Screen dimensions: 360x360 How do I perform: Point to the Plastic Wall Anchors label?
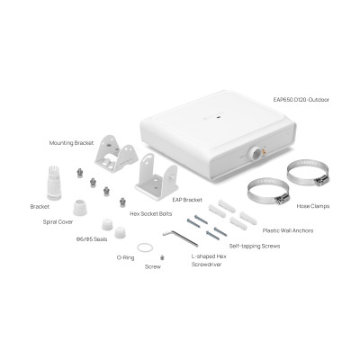pyautogui.click(x=286, y=229)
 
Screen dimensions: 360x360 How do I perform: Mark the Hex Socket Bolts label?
pyautogui.click(x=150, y=214)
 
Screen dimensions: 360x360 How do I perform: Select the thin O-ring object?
pyautogui.click(x=142, y=247)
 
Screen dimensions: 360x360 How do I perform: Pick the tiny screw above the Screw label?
pyautogui.click(x=161, y=257)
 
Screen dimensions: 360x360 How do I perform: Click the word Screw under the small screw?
pyautogui.click(x=153, y=267)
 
